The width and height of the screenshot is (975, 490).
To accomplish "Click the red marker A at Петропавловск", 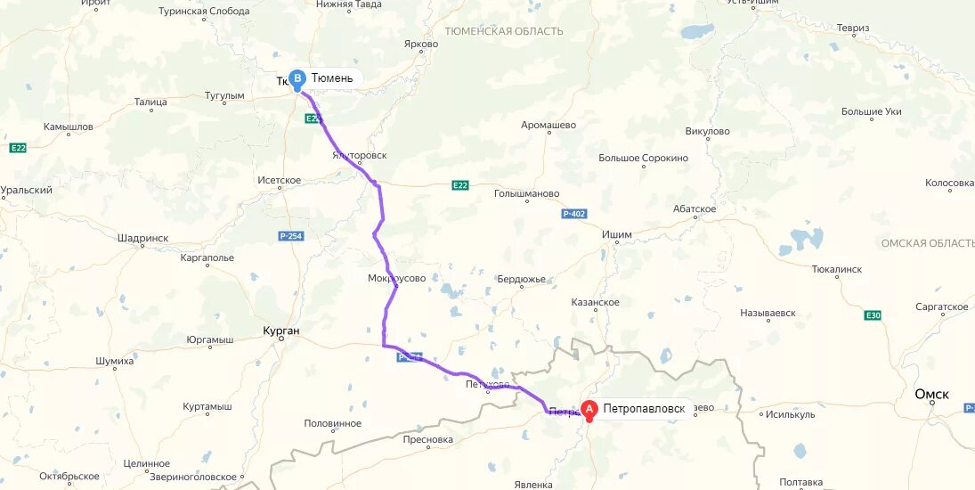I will (x=589, y=410).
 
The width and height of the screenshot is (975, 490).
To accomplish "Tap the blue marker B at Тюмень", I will (x=297, y=78).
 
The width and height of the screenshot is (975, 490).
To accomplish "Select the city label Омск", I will (x=932, y=395).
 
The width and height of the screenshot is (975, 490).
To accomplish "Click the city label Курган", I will (x=281, y=331).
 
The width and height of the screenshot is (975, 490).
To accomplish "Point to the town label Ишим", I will (x=617, y=235).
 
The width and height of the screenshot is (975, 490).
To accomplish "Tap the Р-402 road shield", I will (x=573, y=214).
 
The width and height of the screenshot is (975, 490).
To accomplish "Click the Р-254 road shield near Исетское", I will (x=290, y=236).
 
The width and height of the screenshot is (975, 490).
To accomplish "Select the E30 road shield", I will (x=873, y=315).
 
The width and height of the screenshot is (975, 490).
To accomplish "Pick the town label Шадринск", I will (x=142, y=239).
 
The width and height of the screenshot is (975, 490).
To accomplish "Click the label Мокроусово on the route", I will (x=396, y=279).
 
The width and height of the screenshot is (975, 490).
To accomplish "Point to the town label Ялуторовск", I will (x=360, y=155).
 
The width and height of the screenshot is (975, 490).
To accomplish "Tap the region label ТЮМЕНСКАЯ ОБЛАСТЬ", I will (x=503, y=31).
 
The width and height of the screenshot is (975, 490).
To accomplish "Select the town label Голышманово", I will (x=527, y=193).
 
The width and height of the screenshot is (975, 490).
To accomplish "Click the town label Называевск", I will (x=768, y=314).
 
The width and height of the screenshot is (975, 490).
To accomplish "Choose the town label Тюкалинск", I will (x=837, y=268).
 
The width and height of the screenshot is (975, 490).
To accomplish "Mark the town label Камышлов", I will (x=69, y=127).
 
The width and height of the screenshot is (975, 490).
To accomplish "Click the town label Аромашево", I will (x=548, y=126).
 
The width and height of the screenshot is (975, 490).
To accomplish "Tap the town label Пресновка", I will (x=427, y=440).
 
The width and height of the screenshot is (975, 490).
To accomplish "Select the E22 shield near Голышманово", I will (x=459, y=185).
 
